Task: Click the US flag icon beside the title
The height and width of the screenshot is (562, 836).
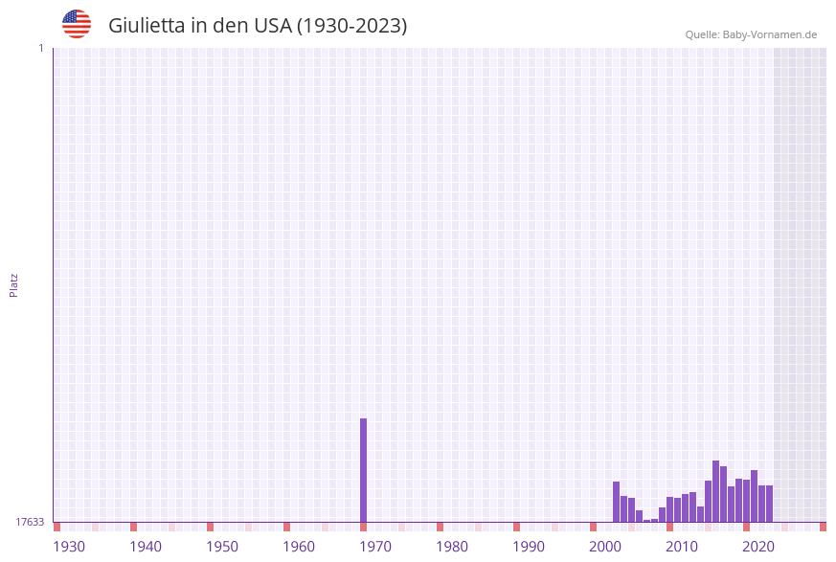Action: click(x=77, y=24)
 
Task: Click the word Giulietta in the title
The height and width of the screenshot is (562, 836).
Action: click(x=147, y=26)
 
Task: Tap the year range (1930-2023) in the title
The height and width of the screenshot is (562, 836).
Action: click(x=352, y=26)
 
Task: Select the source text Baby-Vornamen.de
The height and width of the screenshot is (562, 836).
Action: click(x=770, y=34)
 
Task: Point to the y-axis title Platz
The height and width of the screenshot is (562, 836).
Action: click(x=14, y=285)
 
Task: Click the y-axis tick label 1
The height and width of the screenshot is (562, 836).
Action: click(x=40, y=48)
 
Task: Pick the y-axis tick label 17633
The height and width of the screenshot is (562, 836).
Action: click(x=30, y=522)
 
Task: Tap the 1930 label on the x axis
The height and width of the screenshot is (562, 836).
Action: click(x=69, y=547)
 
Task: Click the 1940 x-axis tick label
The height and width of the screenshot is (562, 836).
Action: click(x=146, y=547)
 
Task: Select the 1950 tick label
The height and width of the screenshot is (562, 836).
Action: click(x=222, y=547)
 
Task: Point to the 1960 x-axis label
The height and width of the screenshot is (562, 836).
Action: click(x=299, y=547)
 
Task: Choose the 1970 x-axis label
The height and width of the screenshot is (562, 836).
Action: click(x=375, y=547)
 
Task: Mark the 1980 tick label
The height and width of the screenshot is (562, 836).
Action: click(x=452, y=547)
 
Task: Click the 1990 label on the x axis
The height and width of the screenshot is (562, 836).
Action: click(x=529, y=547)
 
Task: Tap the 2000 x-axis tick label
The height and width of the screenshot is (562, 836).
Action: click(x=605, y=547)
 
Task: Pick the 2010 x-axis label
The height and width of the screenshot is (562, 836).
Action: click(x=682, y=547)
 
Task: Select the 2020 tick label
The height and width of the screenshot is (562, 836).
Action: click(x=758, y=547)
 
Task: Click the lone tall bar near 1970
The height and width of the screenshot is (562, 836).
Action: click(x=364, y=469)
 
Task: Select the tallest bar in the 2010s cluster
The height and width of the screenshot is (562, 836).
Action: click(x=716, y=491)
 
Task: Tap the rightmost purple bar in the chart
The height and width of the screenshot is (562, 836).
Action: click(x=769, y=504)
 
